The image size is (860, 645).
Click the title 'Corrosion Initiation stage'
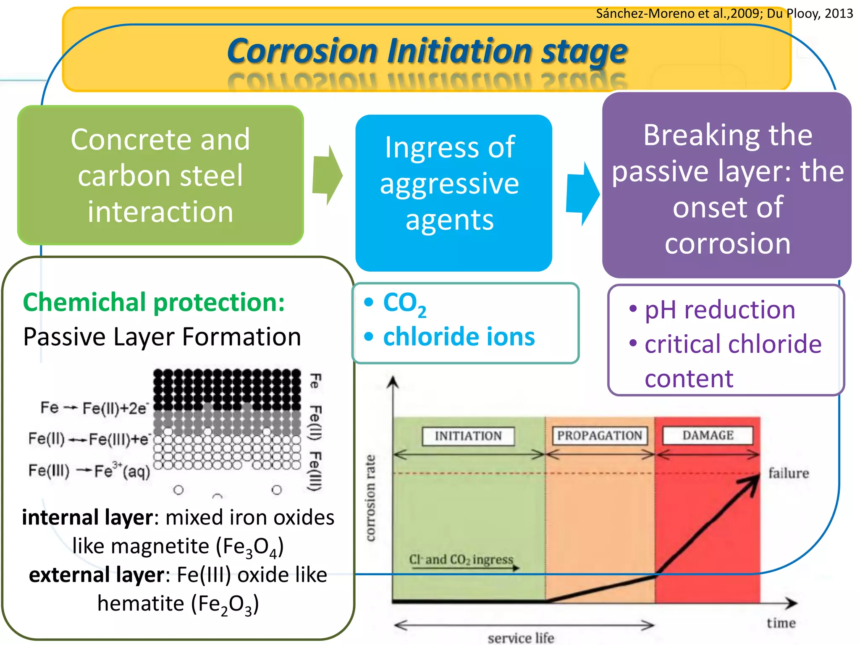[427, 51]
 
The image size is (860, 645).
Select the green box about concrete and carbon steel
[160, 175]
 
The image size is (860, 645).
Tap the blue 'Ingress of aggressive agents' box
[453, 192]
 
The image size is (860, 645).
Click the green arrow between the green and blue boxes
[328, 176]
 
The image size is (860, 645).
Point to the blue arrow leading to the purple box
[583, 194]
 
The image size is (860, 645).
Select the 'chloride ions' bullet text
[459, 337]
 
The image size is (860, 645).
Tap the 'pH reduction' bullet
[719, 310]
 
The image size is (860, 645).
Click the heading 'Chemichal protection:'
[154, 302]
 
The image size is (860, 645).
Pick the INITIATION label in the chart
[468, 436]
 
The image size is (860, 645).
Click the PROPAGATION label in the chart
[599, 435]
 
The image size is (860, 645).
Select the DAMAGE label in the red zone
[708, 435]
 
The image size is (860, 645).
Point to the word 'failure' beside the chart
[788, 473]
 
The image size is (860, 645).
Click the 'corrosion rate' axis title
[370, 498]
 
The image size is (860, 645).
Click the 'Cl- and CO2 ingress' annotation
[461, 559]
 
